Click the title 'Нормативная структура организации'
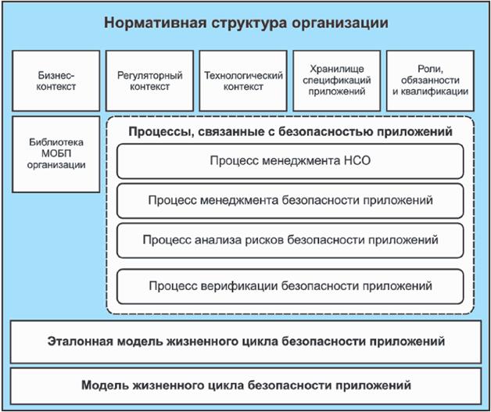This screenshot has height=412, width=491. pos(245,22)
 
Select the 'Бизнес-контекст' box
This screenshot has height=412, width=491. pos(56,81)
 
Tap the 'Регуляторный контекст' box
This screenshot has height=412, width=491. pos(149,81)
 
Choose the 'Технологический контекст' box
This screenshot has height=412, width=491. pos(242,81)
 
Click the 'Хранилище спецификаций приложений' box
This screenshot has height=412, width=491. pos(336,81)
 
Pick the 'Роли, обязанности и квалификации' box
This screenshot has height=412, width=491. pos(430,81)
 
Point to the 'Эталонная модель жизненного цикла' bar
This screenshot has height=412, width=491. pos(245,342)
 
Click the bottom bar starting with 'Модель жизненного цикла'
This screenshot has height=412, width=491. pos(245,386)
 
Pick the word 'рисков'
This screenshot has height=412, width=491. pos(259,239)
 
